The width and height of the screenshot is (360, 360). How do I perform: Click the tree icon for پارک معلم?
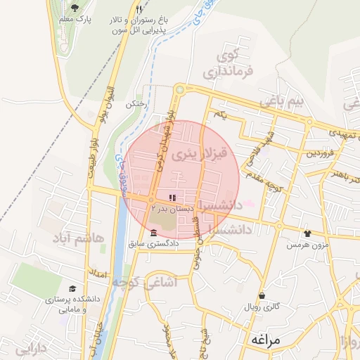coord(75,8)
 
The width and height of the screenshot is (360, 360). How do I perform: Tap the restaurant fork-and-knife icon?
coord(139,9)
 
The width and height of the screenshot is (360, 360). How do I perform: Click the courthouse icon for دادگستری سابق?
coord(154,233)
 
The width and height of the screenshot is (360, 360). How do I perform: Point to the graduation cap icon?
coord(72,289)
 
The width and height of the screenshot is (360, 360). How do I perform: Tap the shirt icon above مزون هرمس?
coord(307,233)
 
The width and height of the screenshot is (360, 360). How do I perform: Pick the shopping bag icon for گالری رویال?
coord(262,296)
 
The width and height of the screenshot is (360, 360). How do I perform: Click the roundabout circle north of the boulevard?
coord(179,89)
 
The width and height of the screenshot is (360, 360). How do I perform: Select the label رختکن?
coord(135,103)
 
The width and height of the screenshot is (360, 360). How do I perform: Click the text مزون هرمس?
coord(307,247)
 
